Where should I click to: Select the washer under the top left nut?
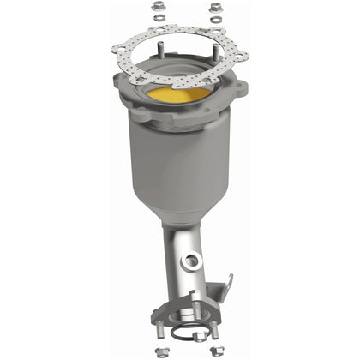[x=159, y=20]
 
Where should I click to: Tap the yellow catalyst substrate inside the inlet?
[x=180, y=93]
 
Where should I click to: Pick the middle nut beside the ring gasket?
[x=195, y=337]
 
